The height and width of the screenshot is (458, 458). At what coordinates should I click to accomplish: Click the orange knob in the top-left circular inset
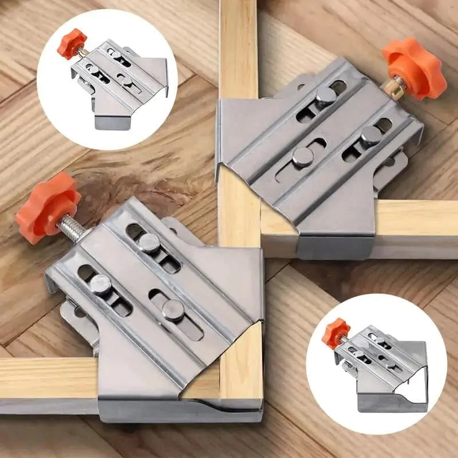(x=72, y=44)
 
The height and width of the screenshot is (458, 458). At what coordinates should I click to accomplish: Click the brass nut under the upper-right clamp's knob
(x=395, y=86)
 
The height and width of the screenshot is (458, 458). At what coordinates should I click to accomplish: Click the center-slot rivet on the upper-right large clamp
(x=302, y=156)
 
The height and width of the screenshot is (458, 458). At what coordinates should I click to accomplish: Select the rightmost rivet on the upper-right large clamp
(x=370, y=136)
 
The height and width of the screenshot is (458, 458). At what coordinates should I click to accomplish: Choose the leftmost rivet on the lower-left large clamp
(x=101, y=285)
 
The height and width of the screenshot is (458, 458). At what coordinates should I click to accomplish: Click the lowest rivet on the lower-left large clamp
(x=173, y=310)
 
